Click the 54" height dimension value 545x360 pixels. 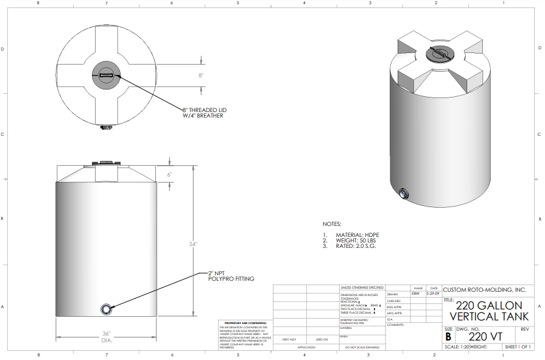point(194,244)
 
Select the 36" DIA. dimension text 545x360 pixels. point(107,337)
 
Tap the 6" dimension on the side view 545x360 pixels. point(171,174)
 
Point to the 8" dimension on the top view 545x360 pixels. point(201,76)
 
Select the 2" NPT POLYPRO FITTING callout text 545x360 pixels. point(231,276)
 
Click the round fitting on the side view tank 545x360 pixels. point(107,309)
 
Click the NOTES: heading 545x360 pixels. point(332,224)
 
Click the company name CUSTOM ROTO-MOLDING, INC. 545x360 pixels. point(484,290)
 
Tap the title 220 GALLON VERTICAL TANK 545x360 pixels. point(489,311)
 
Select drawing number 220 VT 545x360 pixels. point(485,336)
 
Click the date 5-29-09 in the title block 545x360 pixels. point(433,294)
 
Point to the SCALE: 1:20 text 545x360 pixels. point(457,347)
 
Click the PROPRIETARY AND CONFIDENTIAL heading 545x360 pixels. point(242,323)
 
